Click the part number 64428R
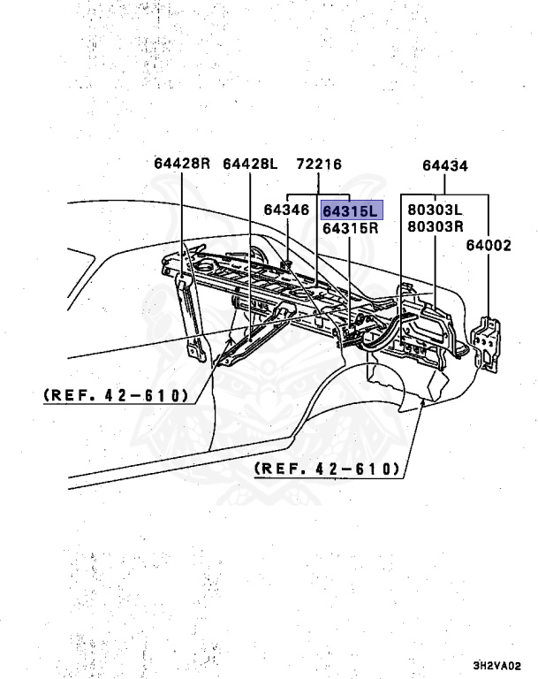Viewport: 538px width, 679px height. [x=182, y=164]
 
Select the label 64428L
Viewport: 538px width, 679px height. [x=250, y=164]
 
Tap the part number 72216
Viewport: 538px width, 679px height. [x=319, y=164]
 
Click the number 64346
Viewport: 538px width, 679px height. [x=286, y=210]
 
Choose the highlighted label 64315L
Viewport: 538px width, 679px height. [x=350, y=210]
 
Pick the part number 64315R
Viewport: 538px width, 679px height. [x=350, y=227]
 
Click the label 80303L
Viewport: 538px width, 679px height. [x=435, y=210]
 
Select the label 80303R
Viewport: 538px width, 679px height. [x=435, y=227]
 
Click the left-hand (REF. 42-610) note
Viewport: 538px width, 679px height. [x=116, y=395]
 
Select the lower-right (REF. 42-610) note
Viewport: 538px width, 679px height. [x=327, y=468]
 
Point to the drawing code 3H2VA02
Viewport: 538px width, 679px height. [x=496, y=666]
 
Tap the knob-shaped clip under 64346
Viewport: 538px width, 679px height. [x=287, y=263]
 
